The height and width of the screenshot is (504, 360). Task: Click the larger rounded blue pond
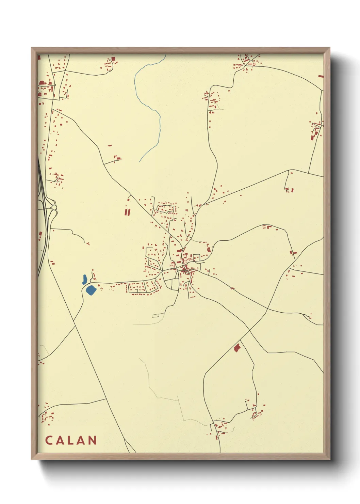91,290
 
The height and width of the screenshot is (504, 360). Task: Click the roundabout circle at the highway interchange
54,208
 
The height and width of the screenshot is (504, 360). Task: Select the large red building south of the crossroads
237,348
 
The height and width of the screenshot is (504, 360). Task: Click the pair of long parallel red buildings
127,212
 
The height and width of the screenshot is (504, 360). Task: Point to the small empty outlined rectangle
156,316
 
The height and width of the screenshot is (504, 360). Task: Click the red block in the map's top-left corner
39,58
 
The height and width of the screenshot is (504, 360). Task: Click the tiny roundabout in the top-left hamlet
54,85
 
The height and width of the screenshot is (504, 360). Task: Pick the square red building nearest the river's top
113,59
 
